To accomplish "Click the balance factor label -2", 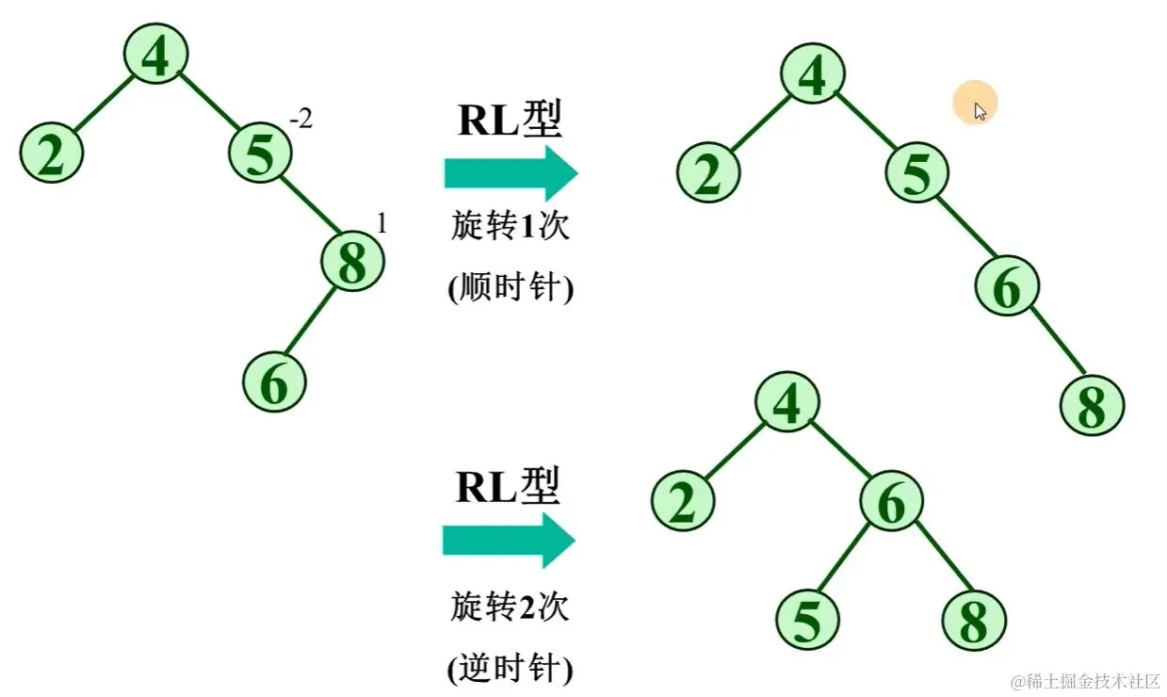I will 300,121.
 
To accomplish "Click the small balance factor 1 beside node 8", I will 381,224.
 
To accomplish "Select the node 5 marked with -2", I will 260,154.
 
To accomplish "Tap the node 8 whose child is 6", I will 353,263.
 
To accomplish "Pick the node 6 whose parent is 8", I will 274,382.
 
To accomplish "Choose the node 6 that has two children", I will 891,505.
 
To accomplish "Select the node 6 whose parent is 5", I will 1006,287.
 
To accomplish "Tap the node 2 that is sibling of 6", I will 683,502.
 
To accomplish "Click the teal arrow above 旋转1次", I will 510,172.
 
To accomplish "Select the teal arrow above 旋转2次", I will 509,541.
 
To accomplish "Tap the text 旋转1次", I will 510,227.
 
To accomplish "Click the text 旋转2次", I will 509,608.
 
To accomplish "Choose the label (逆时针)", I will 509,669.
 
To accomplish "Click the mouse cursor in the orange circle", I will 980,111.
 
